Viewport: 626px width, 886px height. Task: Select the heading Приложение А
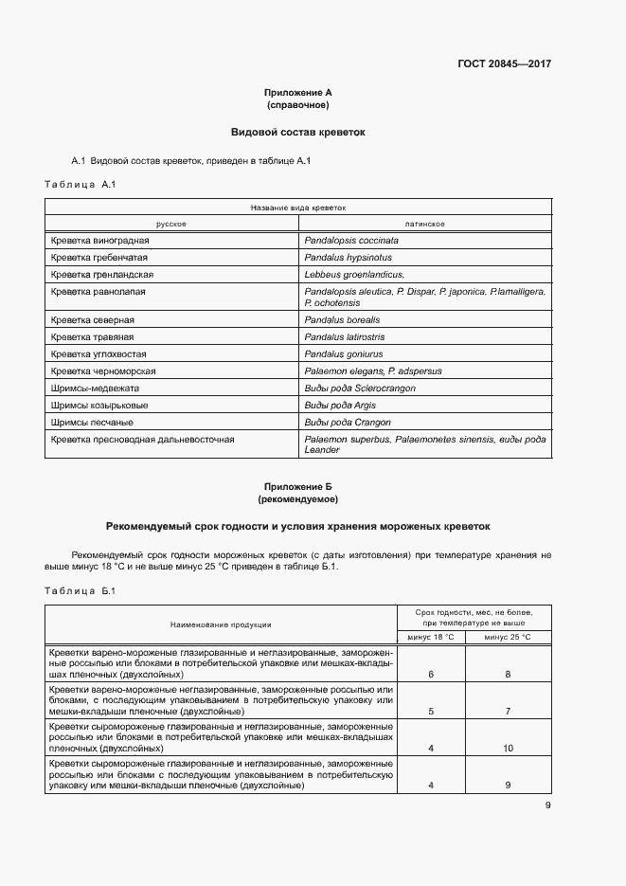(x=298, y=92)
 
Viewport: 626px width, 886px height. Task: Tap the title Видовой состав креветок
(x=298, y=132)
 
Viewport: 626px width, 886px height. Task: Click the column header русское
(x=170, y=224)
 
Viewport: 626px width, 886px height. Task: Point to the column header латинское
(x=424, y=224)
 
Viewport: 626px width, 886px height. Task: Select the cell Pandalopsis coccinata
(x=351, y=241)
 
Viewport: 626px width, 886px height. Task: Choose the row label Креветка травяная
(x=93, y=337)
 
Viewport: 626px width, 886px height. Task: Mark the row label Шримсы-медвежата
(x=96, y=389)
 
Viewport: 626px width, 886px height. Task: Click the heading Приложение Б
(x=298, y=486)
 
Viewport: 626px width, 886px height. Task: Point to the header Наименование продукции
(x=221, y=624)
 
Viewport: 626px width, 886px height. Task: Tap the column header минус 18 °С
(x=431, y=637)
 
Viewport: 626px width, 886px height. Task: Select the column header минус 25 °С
(x=508, y=637)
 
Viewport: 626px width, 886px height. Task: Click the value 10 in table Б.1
(x=508, y=749)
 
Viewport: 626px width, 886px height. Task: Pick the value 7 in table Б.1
(x=508, y=711)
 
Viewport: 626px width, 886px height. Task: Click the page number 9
(x=547, y=806)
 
